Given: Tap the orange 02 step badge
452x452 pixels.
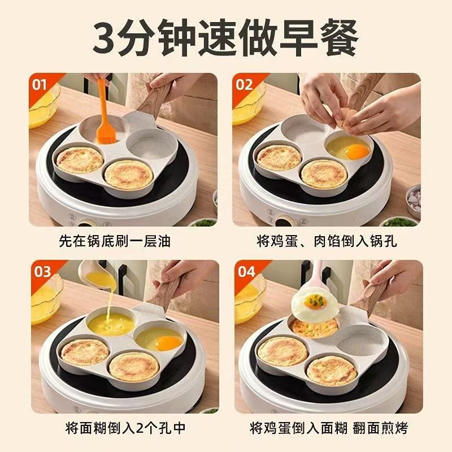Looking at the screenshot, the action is click(244, 85).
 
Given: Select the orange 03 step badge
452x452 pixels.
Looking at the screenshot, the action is click(42, 272).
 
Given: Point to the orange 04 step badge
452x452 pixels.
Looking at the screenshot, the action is click(246, 272).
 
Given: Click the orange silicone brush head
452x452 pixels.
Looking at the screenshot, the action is click(106, 132).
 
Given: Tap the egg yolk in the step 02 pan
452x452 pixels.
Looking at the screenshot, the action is click(357, 151).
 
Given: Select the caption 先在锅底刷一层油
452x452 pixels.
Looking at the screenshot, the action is click(115, 241).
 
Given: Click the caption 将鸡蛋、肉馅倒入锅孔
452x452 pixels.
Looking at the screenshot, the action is click(327, 241).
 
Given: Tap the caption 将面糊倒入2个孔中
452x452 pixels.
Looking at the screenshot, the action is click(125, 428).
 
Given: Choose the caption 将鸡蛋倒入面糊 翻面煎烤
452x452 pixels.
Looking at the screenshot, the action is click(329, 428).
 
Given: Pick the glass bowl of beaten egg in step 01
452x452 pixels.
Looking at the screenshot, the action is click(44, 105).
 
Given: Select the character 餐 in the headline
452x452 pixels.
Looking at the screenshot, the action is click(340, 37).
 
